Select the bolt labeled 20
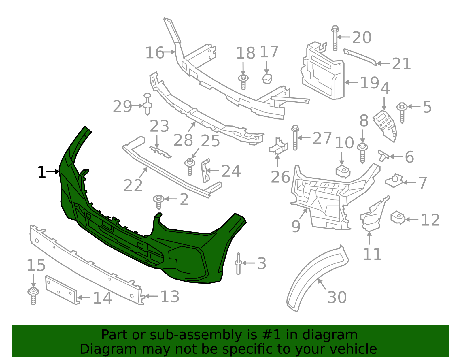tap(335, 39)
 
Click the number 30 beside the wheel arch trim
tap(337, 297)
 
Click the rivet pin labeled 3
tap(238, 263)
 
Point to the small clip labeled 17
tap(267, 78)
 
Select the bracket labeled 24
tap(205, 171)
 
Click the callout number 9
tap(296, 227)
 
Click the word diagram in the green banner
tap(337, 335)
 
